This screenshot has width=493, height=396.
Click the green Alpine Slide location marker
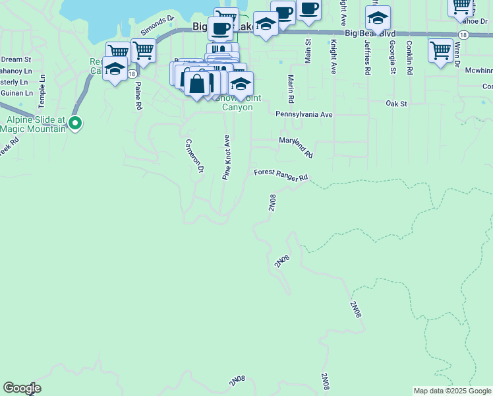coord(75,123)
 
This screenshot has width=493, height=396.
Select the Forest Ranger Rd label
coord(281,175)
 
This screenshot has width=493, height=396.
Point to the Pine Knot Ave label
coord(225,158)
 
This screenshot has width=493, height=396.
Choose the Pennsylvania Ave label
coord(304,114)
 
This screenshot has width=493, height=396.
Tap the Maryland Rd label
coord(296,147)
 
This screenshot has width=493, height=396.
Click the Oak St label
coord(397,104)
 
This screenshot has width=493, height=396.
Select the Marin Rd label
coord(291,89)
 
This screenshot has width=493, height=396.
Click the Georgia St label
coord(392,56)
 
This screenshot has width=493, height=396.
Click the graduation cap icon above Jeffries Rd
coord(378,17)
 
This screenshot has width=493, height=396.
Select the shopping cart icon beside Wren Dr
coord(440,50)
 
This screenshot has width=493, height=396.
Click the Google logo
coord(22,388)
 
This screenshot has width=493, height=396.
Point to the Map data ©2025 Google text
coord(452,391)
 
